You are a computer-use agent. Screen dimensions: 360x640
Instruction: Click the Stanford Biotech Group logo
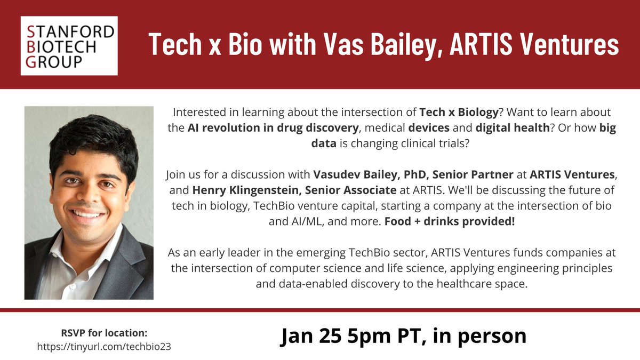[68, 45]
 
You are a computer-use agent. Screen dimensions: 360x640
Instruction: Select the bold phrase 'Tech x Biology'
[459, 113]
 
